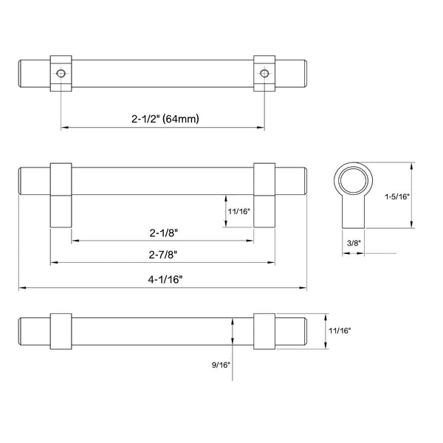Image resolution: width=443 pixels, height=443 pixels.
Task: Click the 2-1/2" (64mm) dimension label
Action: click(x=165, y=119)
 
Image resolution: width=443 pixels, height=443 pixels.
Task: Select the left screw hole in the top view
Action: click(x=61, y=73)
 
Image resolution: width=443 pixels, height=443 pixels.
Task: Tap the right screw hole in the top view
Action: click(x=264, y=73)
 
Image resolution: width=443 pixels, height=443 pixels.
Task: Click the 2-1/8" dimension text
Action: click(x=164, y=233)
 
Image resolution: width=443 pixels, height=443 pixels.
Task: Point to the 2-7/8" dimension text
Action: click(x=163, y=255)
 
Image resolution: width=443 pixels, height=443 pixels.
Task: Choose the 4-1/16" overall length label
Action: click(x=165, y=280)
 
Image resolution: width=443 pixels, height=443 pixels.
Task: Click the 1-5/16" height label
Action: click(x=397, y=196)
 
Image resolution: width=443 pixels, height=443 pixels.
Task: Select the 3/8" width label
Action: click(x=354, y=243)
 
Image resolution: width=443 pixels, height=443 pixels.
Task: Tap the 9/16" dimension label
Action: click(x=221, y=365)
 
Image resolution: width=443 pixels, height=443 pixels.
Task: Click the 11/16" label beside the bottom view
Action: click(x=340, y=331)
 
